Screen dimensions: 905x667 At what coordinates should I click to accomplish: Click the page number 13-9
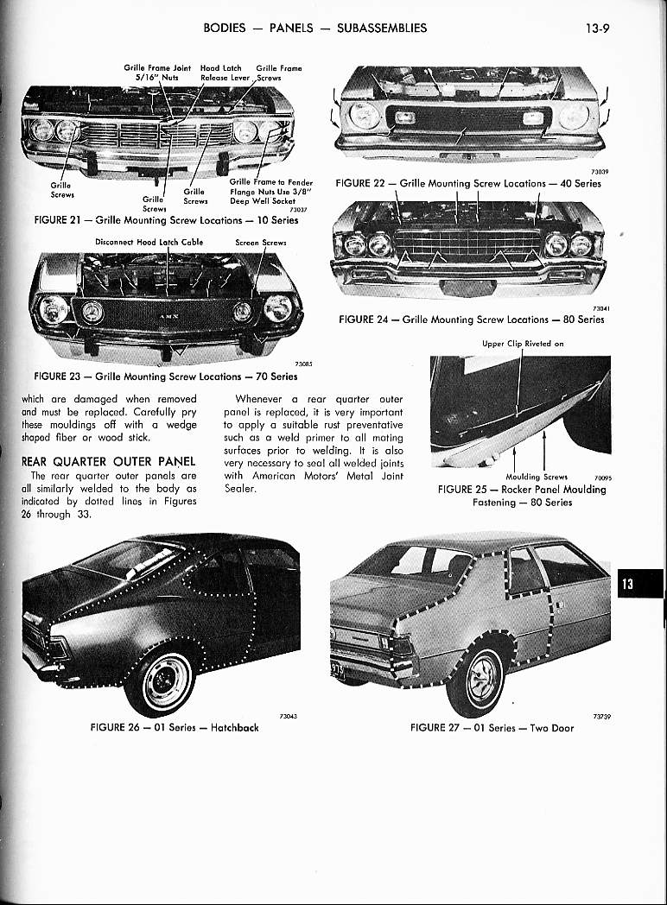pos(599,28)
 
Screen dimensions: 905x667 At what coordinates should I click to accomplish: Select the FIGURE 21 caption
pos(165,220)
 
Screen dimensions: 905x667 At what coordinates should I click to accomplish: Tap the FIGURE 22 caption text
pos(467,183)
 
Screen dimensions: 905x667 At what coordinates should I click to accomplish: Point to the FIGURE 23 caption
pos(165,377)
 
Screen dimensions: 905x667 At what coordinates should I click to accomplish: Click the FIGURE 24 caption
pos(472,320)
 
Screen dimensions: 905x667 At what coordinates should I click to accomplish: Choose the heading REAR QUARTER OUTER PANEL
pos(109,461)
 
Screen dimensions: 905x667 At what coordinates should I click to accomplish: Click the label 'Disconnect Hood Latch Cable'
pos(149,243)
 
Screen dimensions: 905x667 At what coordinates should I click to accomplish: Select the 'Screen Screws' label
pos(260,243)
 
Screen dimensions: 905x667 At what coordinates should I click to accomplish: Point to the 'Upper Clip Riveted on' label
pos(523,343)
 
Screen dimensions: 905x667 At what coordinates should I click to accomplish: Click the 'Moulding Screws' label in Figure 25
pos(537,476)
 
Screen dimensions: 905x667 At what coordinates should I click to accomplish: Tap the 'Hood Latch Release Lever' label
pos(225,72)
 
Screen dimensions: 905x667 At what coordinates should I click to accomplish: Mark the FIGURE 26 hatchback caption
pos(175,727)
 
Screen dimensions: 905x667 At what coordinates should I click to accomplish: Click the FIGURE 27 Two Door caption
pos(492,727)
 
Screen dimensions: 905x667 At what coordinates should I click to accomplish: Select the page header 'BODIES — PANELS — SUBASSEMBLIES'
pos(314,28)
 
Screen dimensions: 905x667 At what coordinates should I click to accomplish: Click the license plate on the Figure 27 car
pos(337,671)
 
